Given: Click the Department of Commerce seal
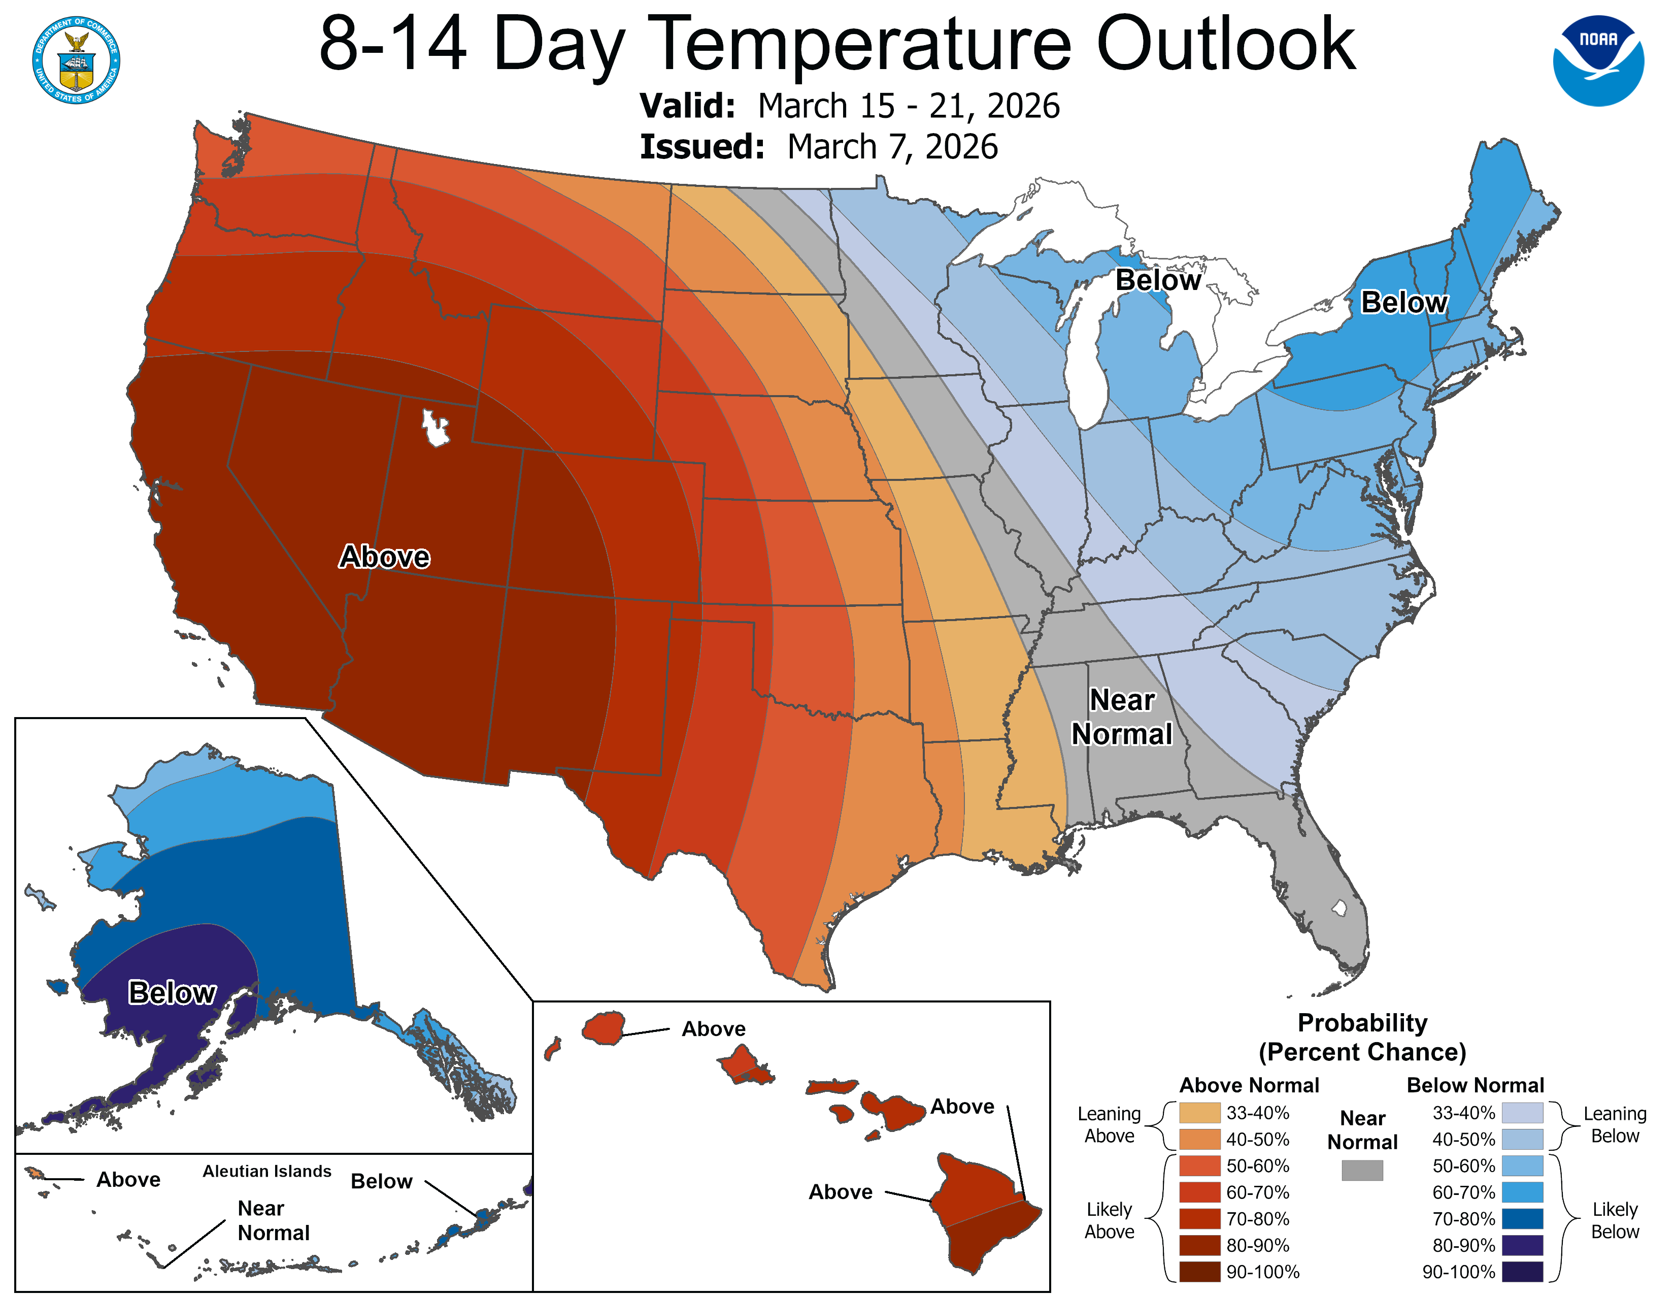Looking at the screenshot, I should (x=76, y=60).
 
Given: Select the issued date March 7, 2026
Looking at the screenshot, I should (x=892, y=147).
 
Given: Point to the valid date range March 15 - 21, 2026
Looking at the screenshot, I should (x=908, y=106).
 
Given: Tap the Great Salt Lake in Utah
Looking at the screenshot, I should (x=435, y=427).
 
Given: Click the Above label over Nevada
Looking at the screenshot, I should (x=384, y=556).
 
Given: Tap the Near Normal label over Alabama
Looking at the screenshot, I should (x=1121, y=717).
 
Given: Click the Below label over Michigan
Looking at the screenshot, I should (x=1157, y=280).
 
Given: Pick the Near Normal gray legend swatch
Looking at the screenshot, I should (x=1362, y=1170).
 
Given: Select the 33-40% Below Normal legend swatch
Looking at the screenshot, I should (x=1522, y=1112).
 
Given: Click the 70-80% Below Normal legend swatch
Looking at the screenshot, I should (x=1522, y=1219).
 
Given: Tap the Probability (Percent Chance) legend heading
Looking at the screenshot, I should (x=1362, y=1037).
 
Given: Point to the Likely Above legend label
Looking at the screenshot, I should (x=1109, y=1220).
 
